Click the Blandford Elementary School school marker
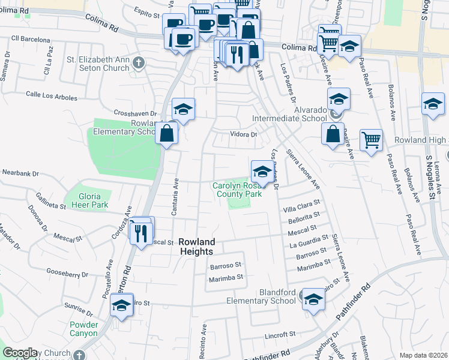pyautogui.click(x=313, y=299)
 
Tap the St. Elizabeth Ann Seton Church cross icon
pyautogui.click(x=139, y=62)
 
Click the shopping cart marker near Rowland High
pyautogui.click(x=372, y=140)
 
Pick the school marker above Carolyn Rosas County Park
pyautogui.click(x=261, y=171)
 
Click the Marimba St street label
pyautogui.click(x=225, y=278)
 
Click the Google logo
pyautogui.click(x=20, y=353)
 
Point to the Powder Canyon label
pyautogui.click(x=83, y=329)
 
